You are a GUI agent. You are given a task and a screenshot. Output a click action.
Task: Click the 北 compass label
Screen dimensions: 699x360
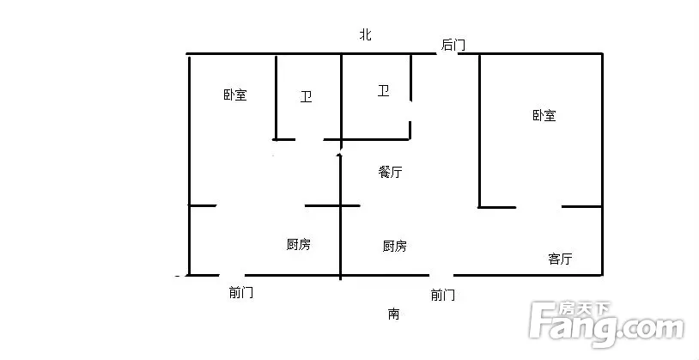click(x=366, y=34)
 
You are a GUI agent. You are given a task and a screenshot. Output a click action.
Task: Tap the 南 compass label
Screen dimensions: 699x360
click(x=393, y=314)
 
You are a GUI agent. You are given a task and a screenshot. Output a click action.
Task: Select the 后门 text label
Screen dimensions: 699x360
click(x=453, y=45)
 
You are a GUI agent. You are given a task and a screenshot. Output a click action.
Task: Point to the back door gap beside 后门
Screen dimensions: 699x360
click(x=447, y=54)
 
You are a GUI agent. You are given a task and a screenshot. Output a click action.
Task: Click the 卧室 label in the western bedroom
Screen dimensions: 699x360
click(x=235, y=95)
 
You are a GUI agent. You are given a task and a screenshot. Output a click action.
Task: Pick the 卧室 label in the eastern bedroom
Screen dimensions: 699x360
click(x=544, y=116)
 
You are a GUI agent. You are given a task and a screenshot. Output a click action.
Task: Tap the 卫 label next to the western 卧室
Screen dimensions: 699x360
click(x=307, y=97)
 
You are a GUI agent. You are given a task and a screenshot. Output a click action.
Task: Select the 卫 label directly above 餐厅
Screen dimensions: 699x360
click(x=383, y=91)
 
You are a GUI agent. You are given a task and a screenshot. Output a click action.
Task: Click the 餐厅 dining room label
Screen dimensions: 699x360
click(x=390, y=172)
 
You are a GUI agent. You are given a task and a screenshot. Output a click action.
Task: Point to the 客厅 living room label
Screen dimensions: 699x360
click(x=560, y=259)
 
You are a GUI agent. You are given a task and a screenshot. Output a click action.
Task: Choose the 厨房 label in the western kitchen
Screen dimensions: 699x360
click(x=299, y=245)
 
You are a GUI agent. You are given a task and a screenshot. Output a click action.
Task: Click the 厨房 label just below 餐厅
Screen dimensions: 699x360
click(x=395, y=246)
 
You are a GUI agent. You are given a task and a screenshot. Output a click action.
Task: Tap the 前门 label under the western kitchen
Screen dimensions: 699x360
click(x=241, y=293)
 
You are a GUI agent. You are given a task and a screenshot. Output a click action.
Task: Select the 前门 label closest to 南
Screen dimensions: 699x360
click(x=443, y=295)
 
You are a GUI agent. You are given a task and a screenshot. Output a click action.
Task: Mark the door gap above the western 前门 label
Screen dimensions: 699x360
click(x=232, y=275)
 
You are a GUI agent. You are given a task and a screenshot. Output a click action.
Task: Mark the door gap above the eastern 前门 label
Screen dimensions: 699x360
click(x=441, y=275)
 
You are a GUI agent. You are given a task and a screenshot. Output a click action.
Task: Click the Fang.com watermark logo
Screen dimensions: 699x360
click(x=606, y=324)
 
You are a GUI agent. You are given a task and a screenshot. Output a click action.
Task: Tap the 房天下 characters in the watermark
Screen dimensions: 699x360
click(x=585, y=308)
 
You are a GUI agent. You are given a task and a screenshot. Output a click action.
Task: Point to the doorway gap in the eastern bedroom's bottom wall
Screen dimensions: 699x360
click(x=538, y=207)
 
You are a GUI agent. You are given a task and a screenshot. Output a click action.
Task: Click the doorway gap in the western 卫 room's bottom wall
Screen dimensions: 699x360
click(x=309, y=140)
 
